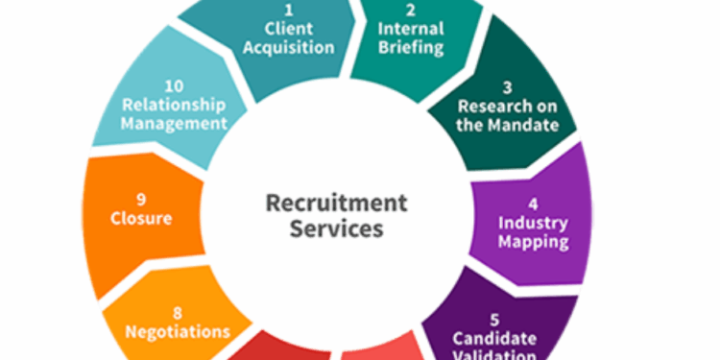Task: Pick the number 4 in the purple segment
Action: point(533,204)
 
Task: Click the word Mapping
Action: point(534,241)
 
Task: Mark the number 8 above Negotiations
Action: point(178,313)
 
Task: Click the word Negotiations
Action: point(178,331)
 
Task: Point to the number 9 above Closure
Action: point(141,200)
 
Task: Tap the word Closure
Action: point(141,218)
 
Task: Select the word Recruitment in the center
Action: point(336,204)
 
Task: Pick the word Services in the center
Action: point(336,229)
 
